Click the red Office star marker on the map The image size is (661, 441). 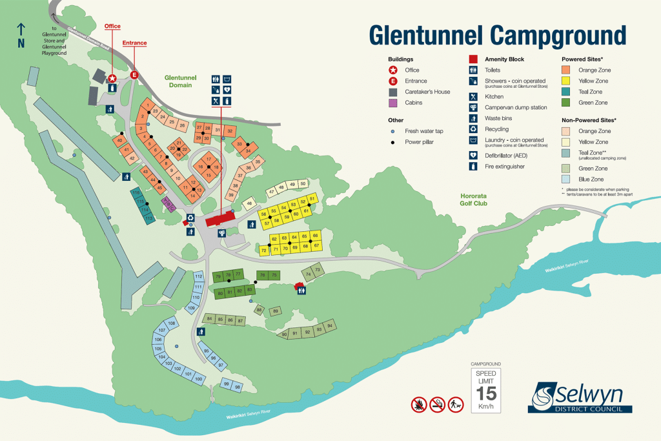click(x=112, y=78)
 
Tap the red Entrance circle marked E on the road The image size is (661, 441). click(x=135, y=75)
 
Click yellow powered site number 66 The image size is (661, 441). click(x=315, y=236)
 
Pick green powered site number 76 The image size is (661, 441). click(x=263, y=275)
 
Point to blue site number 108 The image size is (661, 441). click(x=172, y=323)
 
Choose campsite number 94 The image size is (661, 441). click(x=330, y=326)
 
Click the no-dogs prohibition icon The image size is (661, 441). click(x=457, y=404)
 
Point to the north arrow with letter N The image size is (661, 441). click(x=21, y=36)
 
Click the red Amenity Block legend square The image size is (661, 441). click(x=473, y=58)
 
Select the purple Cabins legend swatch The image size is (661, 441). click(x=391, y=102)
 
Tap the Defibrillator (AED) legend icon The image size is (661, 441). click(x=473, y=156)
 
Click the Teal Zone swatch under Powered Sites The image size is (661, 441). click(x=566, y=92)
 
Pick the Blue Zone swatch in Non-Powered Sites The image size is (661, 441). click(x=566, y=179)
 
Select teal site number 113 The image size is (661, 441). click(x=149, y=219)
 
